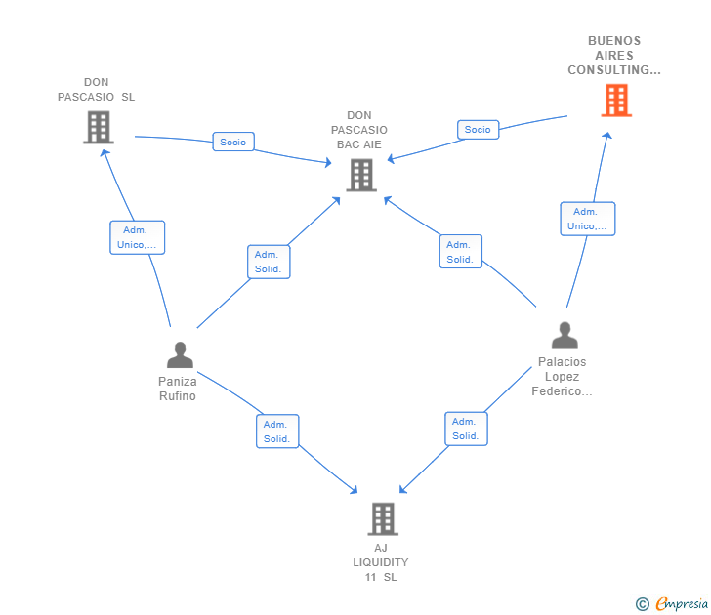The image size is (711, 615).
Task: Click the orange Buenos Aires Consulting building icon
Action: coord(615,101)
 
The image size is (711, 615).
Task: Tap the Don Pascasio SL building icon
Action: coord(98,127)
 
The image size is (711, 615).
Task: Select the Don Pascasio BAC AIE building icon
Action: coord(360,175)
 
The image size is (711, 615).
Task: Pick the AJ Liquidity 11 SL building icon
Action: coord(383,518)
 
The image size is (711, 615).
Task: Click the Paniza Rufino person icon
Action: coord(179,354)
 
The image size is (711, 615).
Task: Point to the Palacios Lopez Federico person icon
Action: coord(564,335)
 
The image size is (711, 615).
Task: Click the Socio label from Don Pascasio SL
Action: coord(233,142)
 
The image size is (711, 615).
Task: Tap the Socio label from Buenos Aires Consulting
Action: coord(478,129)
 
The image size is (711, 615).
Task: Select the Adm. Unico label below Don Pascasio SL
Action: coord(137,237)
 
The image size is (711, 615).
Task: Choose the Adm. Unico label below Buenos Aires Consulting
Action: coord(587,219)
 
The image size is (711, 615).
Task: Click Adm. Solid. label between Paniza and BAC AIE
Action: coord(269,262)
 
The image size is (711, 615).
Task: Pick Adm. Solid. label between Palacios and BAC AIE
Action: coord(460,252)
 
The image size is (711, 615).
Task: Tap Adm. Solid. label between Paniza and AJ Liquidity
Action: coord(277,431)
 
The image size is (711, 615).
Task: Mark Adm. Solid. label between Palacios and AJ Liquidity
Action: coord(466,429)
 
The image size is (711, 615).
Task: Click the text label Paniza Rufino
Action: coord(178,389)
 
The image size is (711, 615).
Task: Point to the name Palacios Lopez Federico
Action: coord(563,377)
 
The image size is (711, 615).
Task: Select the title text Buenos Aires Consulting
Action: coord(614,56)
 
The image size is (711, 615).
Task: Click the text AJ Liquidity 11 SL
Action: coord(381,562)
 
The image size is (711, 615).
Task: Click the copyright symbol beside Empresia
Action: coord(643,604)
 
